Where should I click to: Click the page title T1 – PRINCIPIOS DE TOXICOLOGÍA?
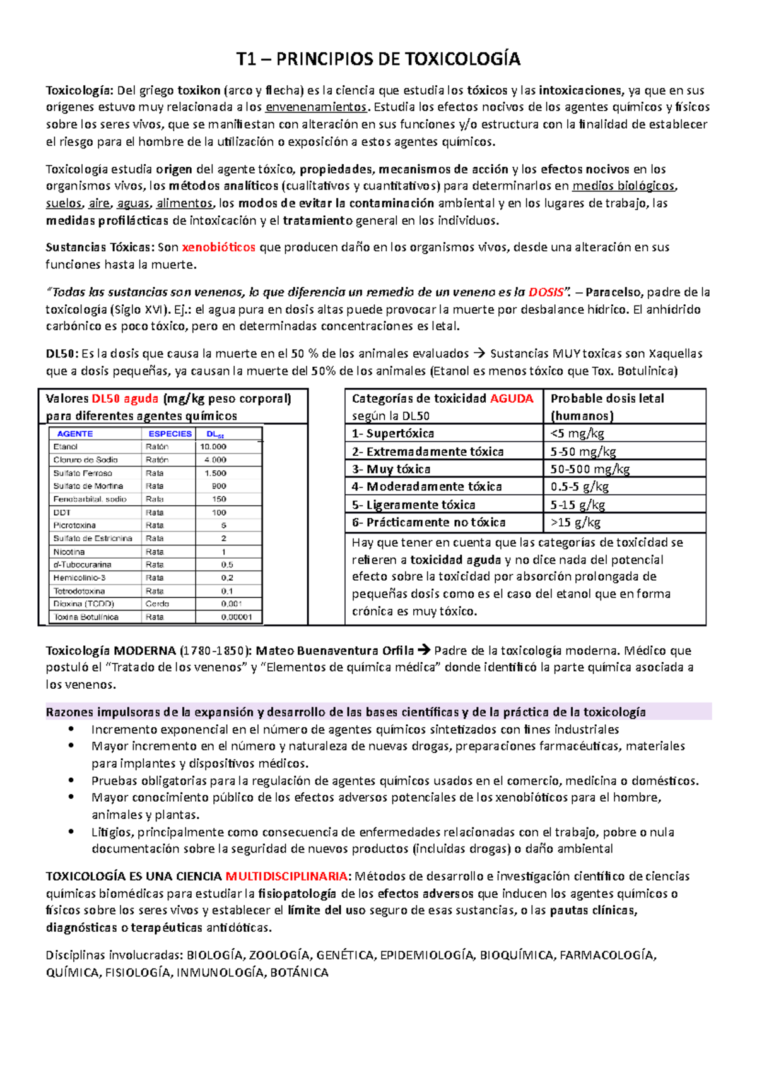[378, 59]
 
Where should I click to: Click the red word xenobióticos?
[218, 247]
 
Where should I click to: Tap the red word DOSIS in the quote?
[546, 292]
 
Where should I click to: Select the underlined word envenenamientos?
[316, 107]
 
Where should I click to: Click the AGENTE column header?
[74, 434]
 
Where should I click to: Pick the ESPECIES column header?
[170, 434]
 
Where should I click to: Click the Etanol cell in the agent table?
[66, 446]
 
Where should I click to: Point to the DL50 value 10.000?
[213, 446]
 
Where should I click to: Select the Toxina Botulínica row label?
[86, 617]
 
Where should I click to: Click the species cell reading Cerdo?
[157, 604]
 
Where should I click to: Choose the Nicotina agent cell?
[69, 552]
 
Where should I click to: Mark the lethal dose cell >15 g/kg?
[575, 522]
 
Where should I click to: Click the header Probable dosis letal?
[607, 398]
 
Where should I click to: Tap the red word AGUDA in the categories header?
[512, 398]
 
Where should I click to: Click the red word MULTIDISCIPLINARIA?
[286, 876]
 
